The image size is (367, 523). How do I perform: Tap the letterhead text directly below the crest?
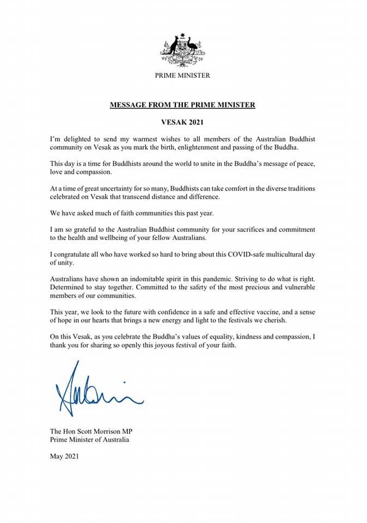(x=182, y=76)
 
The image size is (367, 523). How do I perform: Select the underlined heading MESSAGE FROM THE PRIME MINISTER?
(x=182, y=104)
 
